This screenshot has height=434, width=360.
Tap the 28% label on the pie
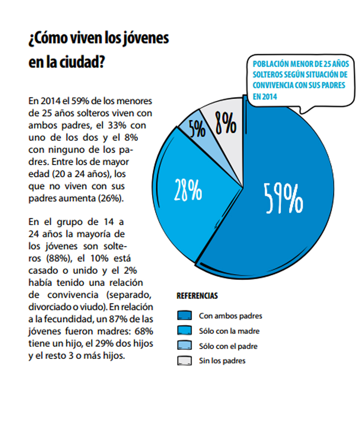[188, 190]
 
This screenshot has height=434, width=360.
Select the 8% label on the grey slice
[226, 123]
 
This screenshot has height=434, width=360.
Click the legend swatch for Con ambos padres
[184, 316]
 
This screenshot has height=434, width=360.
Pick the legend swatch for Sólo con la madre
[184, 331]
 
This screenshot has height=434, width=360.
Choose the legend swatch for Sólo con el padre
[184, 345]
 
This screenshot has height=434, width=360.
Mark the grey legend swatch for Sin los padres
[184, 361]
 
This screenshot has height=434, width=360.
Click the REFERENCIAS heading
[197, 296]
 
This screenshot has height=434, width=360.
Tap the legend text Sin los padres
[222, 361]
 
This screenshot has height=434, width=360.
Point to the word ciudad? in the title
[82, 62]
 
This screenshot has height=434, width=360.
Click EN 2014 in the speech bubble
[265, 96]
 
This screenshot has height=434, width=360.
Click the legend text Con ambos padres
[230, 316]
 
